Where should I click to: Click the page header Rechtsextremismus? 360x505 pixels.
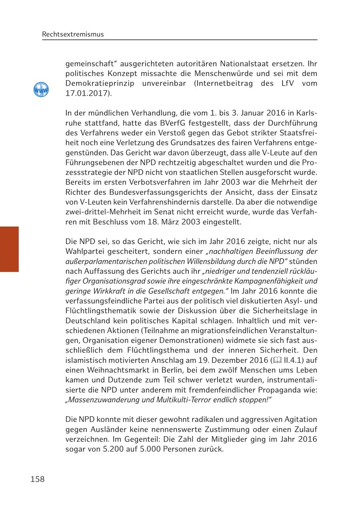pos(73,34)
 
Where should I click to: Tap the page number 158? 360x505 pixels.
pos(38,479)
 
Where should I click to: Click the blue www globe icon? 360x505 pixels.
pos(41,90)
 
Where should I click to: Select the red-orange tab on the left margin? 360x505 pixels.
pos(9,249)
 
